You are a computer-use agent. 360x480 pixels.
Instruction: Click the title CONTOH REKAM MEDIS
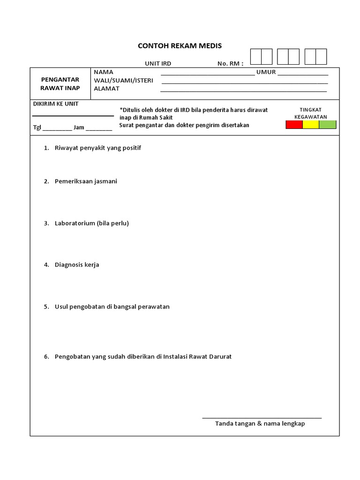[x=180, y=46]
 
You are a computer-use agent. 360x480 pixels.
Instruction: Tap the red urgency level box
[x=294, y=125]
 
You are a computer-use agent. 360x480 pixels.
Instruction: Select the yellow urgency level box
[x=311, y=125]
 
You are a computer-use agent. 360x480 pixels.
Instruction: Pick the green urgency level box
[x=328, y=125]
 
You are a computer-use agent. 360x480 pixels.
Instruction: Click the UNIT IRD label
[x=158, y=64]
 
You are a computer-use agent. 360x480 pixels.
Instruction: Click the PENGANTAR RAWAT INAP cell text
[x=60, y=84]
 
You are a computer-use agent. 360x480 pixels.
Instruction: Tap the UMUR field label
[x=266, y=72]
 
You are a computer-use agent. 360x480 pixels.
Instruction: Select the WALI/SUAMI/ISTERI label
[x=124, y=80]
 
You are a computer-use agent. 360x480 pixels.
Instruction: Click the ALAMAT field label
[x=107, y=88]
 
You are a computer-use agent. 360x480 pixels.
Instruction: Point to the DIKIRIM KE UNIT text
[x=55, y=104]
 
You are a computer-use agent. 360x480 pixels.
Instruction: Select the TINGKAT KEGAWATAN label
[x=310, y=113]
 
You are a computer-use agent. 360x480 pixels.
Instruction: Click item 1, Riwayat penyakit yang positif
[x=97, y=148]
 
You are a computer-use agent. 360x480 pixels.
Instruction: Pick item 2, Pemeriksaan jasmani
[x=86, y=181]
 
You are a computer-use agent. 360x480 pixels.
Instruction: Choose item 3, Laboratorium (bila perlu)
[x=91, y=223]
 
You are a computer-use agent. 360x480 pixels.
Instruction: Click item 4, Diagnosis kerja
[x=77, y=264]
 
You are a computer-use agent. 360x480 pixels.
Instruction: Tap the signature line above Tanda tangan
[x=262, y=417]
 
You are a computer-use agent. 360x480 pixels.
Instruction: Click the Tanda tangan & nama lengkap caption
[x=260, y=424]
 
